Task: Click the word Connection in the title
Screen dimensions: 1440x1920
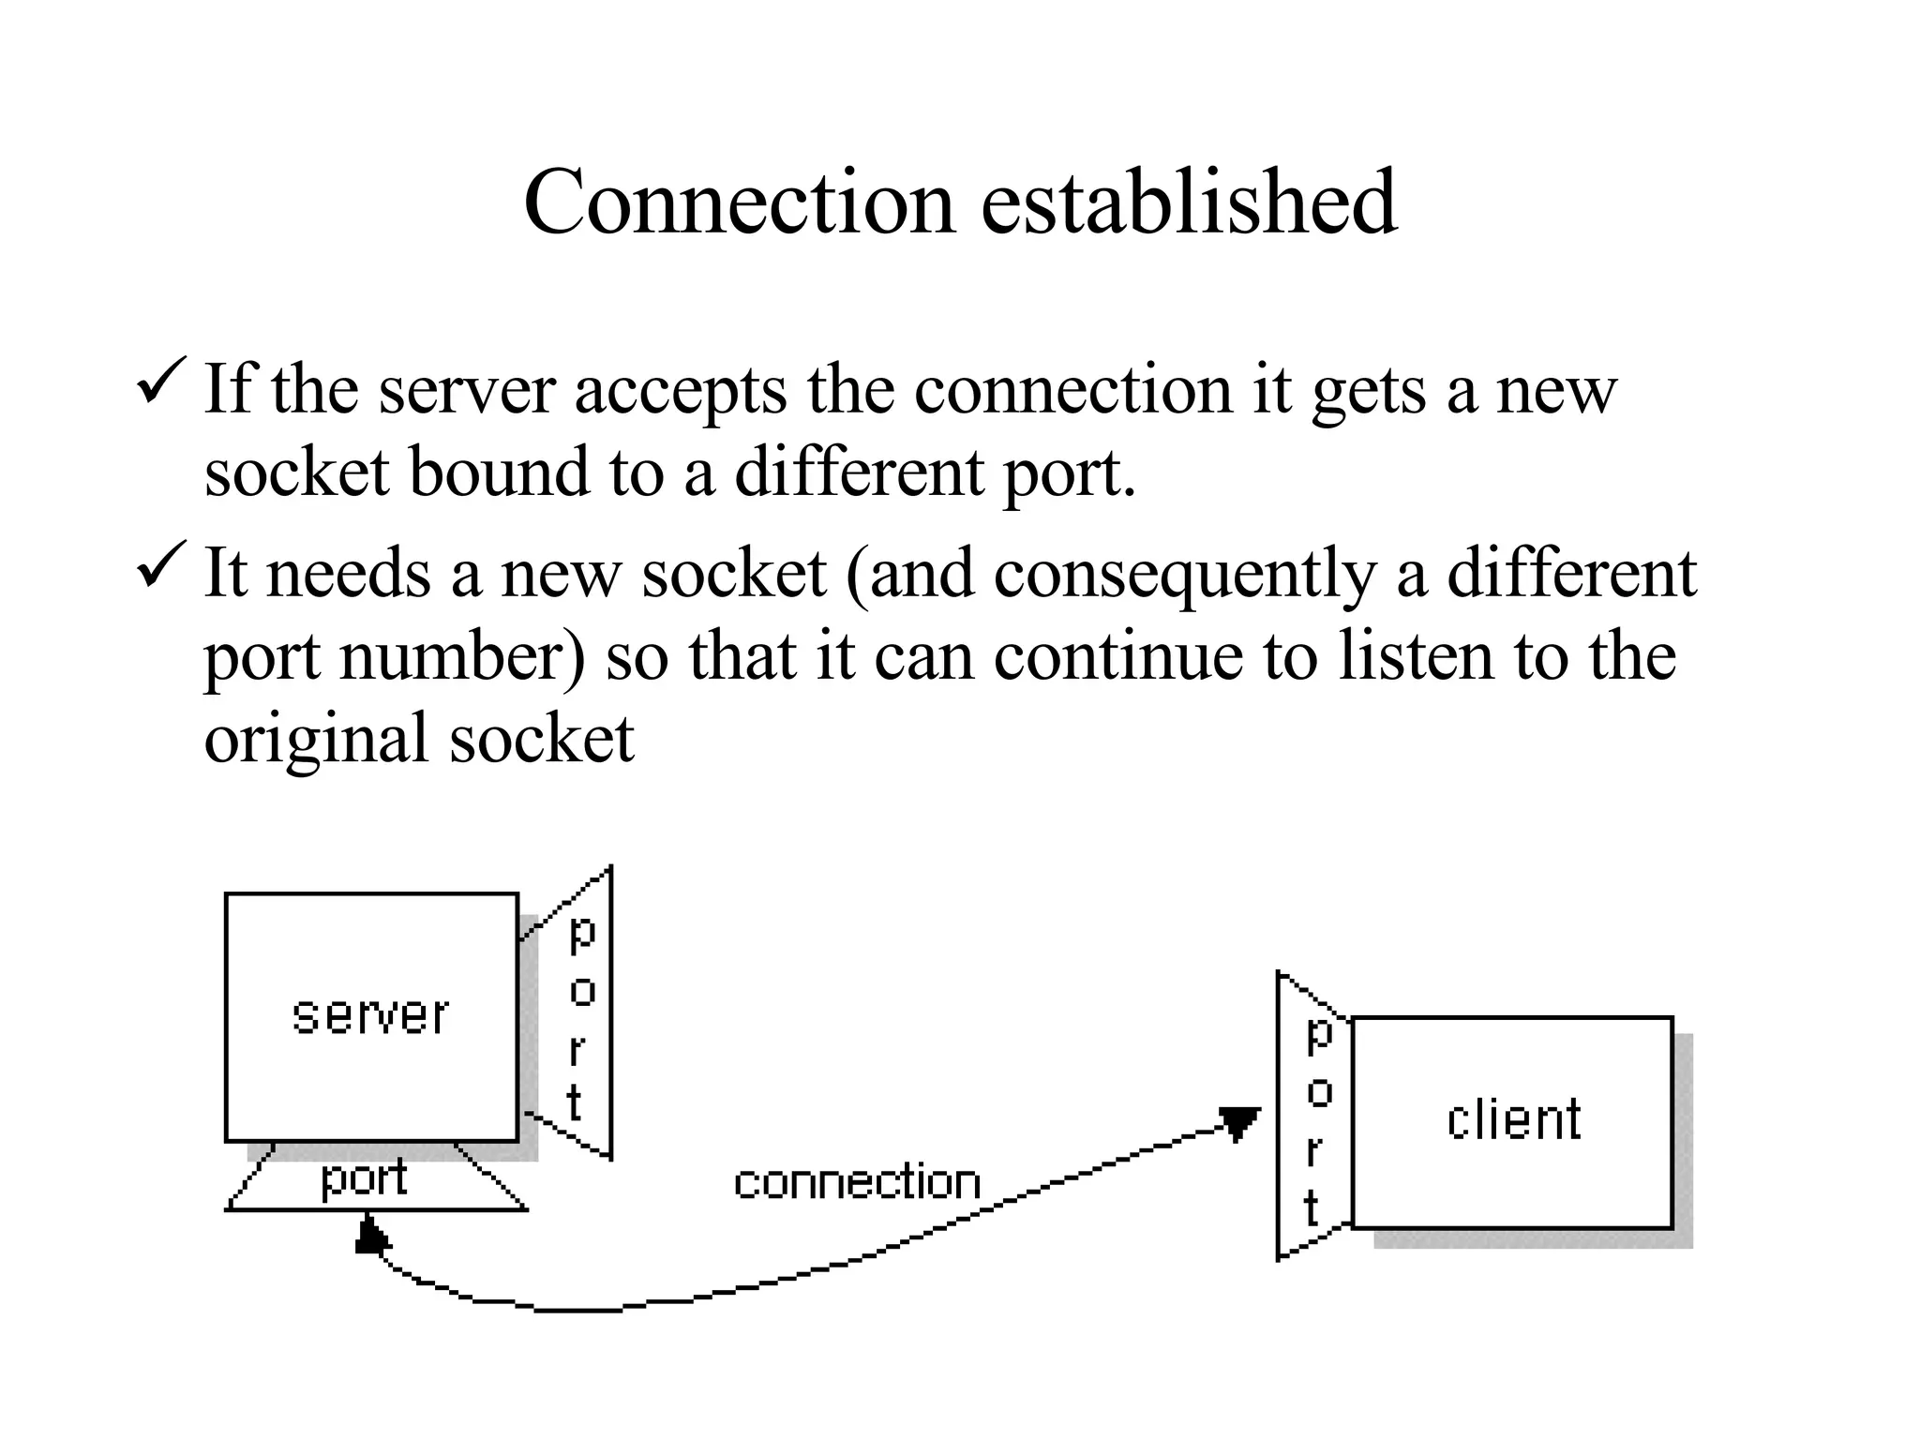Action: pyautogui.click(x=739, y=202)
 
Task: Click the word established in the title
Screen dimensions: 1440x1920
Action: pyautogui.click(x=1189, y=202)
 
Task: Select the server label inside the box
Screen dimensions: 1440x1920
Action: pyautogui.click(x=370, y=1016)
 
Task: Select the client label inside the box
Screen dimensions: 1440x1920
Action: pyautogui.click(x=1513, y=1119)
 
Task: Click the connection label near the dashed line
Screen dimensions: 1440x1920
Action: pyautogui.click(x=857, y=1182)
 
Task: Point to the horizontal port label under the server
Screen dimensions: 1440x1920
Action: pyautogui.click(x=364, y=1178)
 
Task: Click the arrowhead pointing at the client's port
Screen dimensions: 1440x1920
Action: pyautogui.click(x=1238, y=1122)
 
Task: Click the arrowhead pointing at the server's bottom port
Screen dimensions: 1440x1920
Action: pyautogui.click(x=371, y=1235)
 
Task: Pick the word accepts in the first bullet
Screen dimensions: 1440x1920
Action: pyautogui.click(x=681, y=390)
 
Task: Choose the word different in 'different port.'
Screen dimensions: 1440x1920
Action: pyautogui.click(x=859, y=472)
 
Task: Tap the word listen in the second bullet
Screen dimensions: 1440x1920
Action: pyautogui.click(x=1416, y=656)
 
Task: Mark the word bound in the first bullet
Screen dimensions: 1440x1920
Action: pyautogui.click(x=500, y=472)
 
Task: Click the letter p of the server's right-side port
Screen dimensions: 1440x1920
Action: pyautogui.click(x=582, y=933)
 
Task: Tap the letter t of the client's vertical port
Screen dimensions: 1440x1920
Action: pyautogui.click(x=1312, y=1207)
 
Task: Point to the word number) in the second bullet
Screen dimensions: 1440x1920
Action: pyautogui.click(x=462, y=656)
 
